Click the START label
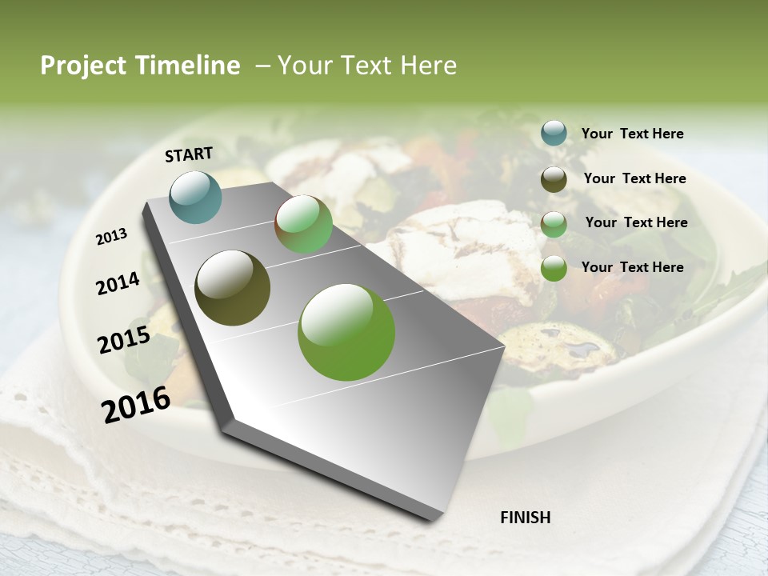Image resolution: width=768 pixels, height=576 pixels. (189, 154)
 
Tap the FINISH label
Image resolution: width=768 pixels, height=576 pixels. (525, 518)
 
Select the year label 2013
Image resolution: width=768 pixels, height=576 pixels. (111, 237)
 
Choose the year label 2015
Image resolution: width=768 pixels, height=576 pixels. (123, 340)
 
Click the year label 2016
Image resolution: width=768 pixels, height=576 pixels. (136, 405)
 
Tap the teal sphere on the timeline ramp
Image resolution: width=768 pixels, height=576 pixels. (196, 197)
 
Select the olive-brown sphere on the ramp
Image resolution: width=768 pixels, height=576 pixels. (233, 288)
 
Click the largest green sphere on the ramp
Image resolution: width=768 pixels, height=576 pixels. (346, 332)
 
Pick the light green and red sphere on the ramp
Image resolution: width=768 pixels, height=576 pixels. (303, 224)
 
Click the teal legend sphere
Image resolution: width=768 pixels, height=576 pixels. (554, 134)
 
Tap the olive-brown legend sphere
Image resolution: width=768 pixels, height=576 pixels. (554, 179)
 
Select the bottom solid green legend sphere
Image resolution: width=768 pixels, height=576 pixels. (554, 268)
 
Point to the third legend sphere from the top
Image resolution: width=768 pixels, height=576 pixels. (554, 224)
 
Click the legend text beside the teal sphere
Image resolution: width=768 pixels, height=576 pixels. (632, 134)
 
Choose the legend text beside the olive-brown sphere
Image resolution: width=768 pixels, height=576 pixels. (634, 178)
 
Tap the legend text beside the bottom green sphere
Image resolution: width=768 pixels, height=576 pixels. (632, 267)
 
